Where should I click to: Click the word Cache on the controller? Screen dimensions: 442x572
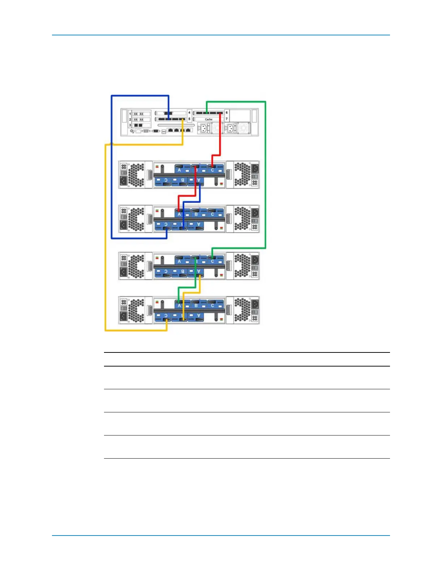(x=209, y=119)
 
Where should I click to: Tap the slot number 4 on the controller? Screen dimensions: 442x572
(x=189, y=113)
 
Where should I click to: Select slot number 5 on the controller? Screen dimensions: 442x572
(x=189, y=119)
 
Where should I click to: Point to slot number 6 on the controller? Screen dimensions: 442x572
(x=227, y=113)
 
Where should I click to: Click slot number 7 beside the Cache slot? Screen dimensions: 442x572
(x=227, y=119)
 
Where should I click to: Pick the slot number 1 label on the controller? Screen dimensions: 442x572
(x=130, y=114)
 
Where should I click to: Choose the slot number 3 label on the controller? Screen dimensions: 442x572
(x=130, y=125)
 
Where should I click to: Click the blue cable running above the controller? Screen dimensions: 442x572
(x=140, y=96)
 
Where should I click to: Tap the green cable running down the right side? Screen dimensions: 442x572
(x=265, y=173)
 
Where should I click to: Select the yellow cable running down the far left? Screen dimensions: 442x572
(x=105, y=235)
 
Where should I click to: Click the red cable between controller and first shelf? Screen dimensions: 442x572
(x=220, y=141)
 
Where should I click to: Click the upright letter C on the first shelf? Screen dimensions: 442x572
(x=213, y=170)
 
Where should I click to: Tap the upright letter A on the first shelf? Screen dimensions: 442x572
(x=179, y=170)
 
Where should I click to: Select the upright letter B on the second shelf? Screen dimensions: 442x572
(x=196, y=214)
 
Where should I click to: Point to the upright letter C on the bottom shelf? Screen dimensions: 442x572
(x=213, y=305)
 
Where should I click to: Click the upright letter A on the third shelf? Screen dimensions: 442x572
(x=179, y=261)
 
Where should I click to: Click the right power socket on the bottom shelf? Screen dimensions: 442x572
(x=255, y=304)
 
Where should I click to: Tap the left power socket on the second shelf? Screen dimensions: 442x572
(x=123, y=224)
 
